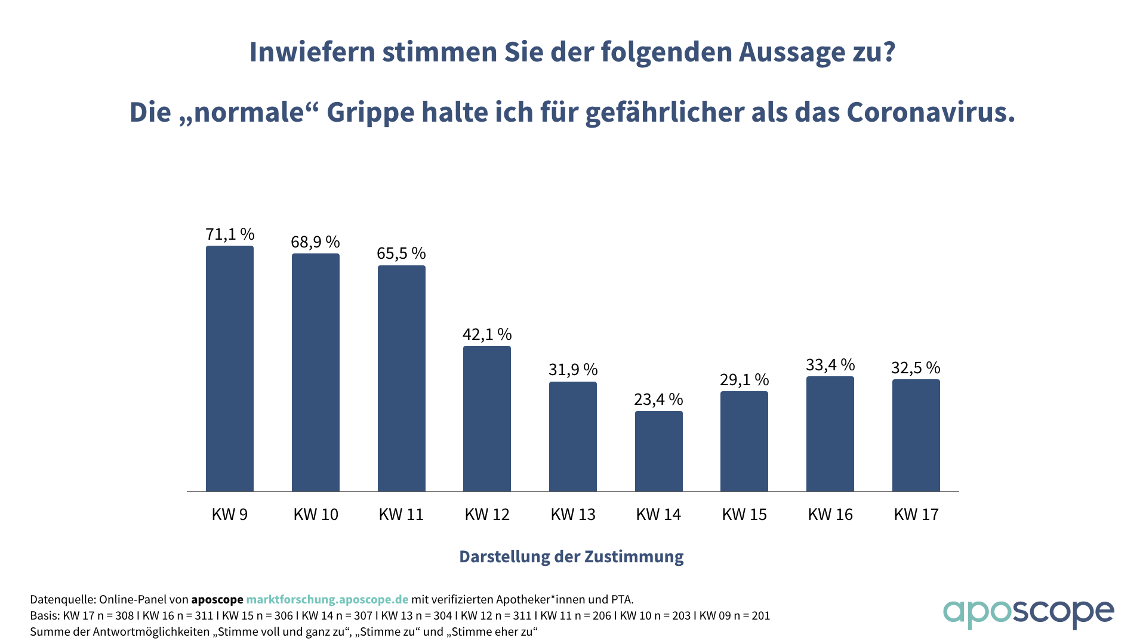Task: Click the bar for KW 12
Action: tap(487, 419)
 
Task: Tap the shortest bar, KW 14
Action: tap(658, 451)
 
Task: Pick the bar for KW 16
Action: tap(830, 434)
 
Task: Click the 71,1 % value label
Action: tap(230, 234)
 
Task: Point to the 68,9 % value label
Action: tap(315, 242)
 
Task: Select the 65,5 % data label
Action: tap(401, 253)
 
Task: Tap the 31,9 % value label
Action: tap(573, 370)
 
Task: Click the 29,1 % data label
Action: tap(744, 380)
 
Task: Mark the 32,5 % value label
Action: tap(916, 368)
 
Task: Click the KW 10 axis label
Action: tap(316, 515)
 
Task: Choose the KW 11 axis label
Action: tap(401, 515)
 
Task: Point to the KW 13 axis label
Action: tap(573, 515)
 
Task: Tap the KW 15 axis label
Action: tap(744, 515)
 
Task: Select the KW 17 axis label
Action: tap(916, 515)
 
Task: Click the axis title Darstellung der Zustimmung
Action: tap(571, 557)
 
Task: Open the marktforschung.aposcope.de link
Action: tap(327, 600)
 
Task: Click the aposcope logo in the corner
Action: tap(1028, 612)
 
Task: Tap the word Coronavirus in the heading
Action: tap(931, 113)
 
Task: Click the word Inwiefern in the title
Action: tap(312, 52)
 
